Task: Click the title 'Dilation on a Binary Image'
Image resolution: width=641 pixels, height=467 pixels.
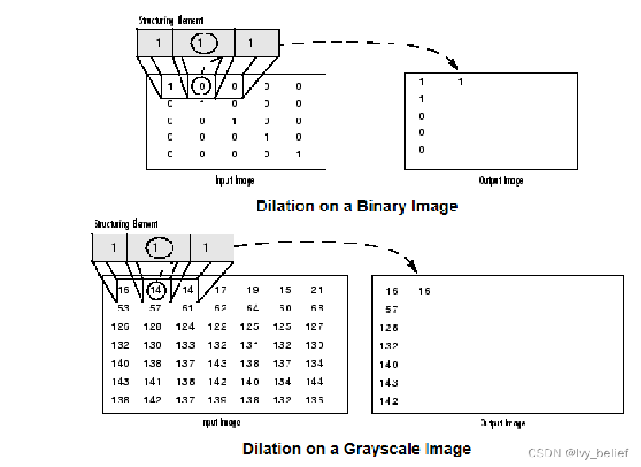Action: click(357, 206)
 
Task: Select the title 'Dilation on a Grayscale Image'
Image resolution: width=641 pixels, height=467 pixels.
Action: click(357, 449)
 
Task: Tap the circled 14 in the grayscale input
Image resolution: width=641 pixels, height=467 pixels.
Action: click(156, 291)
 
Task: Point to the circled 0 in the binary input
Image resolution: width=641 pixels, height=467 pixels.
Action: click(203, 87)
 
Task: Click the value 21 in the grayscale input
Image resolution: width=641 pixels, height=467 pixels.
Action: click(317, 291)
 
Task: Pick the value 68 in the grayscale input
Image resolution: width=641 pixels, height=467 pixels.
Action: click(317, 308)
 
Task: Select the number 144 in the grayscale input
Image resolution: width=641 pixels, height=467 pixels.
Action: click(315, 382)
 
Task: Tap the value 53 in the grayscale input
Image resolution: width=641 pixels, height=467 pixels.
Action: click(123, 308)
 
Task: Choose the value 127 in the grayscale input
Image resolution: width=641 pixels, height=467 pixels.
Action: click(315, 326)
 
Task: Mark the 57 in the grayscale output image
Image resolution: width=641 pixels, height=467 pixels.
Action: click(392, 310)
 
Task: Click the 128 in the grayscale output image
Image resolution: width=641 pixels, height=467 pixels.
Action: click(389, 328)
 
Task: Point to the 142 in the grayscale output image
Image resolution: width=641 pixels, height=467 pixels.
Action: click(389, 402)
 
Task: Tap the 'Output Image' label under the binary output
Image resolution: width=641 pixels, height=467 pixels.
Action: click(500, 181)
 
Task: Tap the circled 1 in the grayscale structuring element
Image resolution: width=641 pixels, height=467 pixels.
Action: click(156, 248)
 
